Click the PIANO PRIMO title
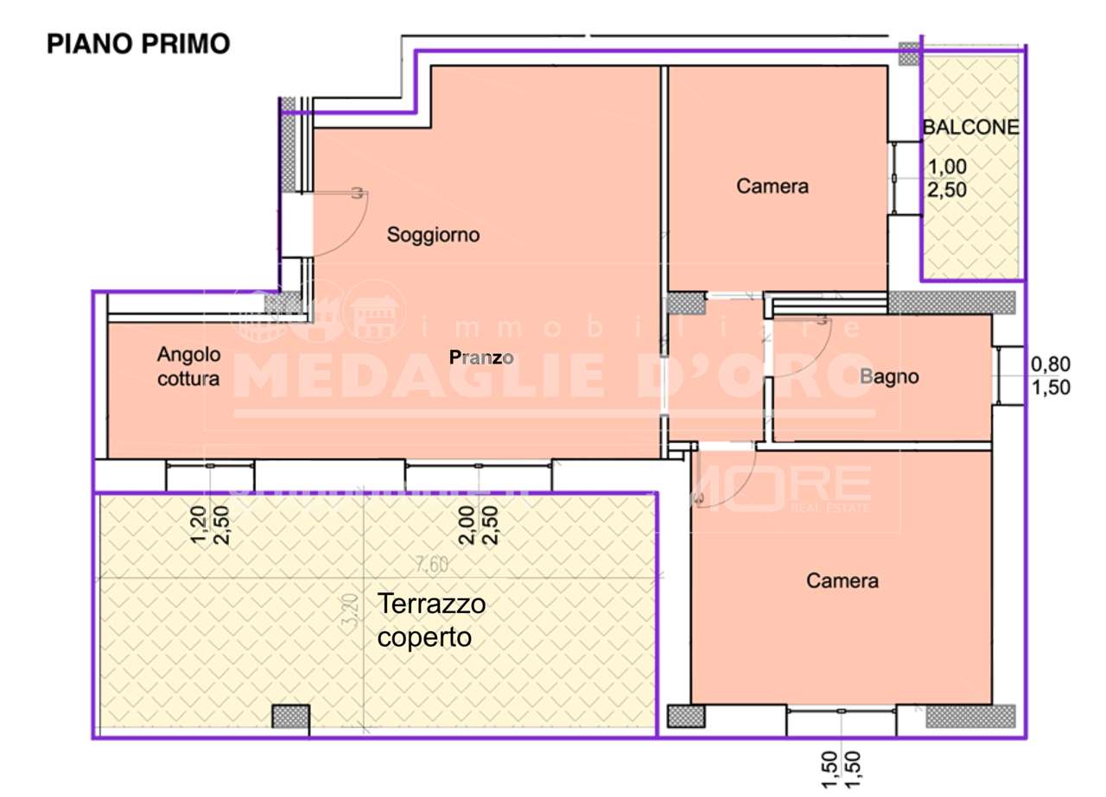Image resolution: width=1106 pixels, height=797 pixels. [138, 44]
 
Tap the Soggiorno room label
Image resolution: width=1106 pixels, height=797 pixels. [433, 234]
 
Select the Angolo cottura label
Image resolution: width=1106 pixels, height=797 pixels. [188, 366]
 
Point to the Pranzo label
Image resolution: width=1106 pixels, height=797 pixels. [482, 357]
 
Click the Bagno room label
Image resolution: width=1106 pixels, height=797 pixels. [889, 376]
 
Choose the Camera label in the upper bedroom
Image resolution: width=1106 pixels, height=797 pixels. [772, 186]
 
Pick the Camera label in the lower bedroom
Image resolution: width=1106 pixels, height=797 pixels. [842, 581]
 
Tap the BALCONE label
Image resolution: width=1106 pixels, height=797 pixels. [971, 127]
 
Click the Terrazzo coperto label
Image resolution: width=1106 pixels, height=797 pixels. [432, 621]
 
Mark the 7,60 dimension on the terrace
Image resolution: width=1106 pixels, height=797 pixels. [431, 566]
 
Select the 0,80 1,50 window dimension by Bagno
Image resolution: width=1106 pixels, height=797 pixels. [1051, 376]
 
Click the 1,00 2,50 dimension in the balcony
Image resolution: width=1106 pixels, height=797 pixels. [947, 178]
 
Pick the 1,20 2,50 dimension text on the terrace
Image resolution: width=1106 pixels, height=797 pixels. [209, 526]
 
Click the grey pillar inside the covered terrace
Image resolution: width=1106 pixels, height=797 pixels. [290, 718]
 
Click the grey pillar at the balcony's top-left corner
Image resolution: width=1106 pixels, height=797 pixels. [909, 54]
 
